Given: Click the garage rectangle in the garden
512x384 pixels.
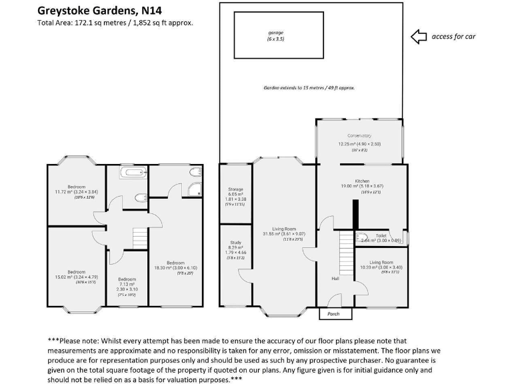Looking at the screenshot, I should pos(275,36).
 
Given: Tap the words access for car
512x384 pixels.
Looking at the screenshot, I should pos(454,37).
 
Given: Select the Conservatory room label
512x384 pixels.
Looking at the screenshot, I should pos(359,136).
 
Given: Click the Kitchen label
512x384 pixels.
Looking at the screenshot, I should pos(361,181).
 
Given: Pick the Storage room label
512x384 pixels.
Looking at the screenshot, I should pos(235,190).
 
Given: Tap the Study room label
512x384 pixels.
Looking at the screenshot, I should pos(235,243).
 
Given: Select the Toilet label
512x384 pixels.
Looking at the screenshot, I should pos(381,235).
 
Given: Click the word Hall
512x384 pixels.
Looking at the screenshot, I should pos(335,279).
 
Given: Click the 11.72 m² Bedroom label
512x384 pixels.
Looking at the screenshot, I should pos(76,187).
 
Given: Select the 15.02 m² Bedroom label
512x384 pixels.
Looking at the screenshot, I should pos(76,272).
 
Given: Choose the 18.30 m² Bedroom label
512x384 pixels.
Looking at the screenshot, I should pos(175,263).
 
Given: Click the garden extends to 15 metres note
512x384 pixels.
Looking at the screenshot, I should pos(309,87).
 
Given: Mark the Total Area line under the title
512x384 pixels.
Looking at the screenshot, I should pos(115,23).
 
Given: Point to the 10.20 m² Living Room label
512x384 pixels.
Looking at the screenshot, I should pos(381,263).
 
